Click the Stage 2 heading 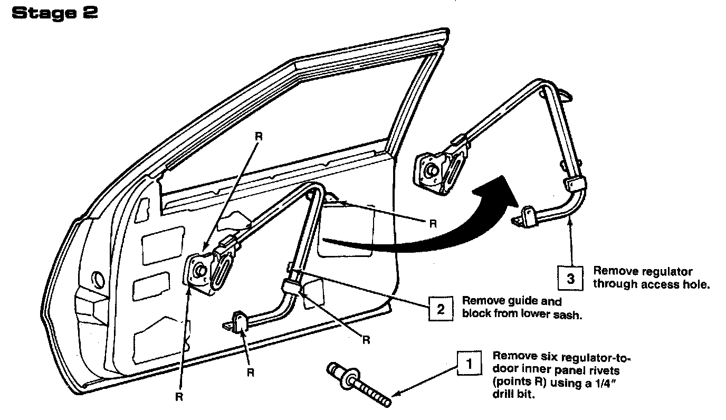(x=54, y=14)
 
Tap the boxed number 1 (x=467, y=364)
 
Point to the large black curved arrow (x=448, y=222)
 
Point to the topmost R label (x=259, y=136)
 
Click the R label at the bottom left (x=179, y=397)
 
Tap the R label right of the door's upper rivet (x=433, y=223)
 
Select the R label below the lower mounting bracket (x=251, y=372)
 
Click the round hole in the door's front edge (x=98, y=278)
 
